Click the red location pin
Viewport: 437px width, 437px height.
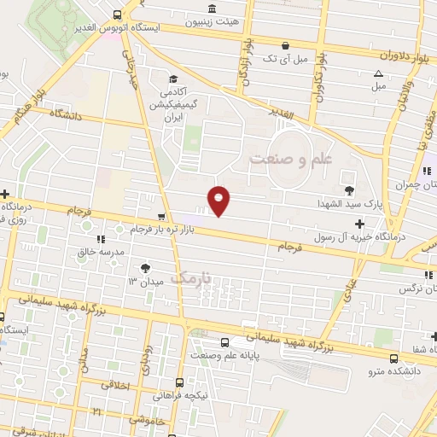[219, 200]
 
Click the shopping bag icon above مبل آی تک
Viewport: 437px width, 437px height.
[285, 46]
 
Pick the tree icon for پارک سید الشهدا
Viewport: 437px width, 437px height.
[348, 189]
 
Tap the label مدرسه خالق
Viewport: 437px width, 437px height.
[102, 253]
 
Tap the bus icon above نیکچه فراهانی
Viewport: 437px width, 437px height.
[180, 382]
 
